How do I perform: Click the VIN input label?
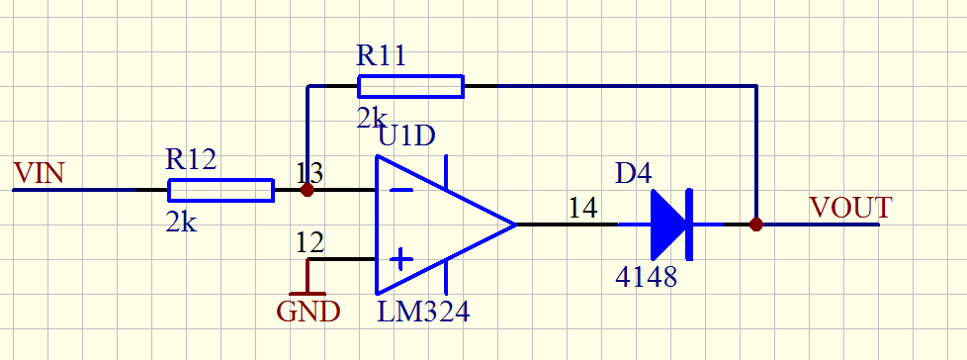pos(39,173)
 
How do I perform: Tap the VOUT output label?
pos(851,208)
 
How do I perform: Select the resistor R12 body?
pos(220,191)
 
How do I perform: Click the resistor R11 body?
pos(410,86)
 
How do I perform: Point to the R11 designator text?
pos(381,55)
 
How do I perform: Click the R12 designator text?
pos(191,159)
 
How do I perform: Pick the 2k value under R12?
pos(181,222)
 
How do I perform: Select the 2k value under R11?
pos(371,118)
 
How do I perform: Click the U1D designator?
pos(406,136)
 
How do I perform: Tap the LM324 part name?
pos(423,312)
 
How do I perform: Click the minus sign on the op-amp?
pos(401,191)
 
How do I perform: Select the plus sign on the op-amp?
pos(401,259)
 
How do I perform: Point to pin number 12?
pos(309,243)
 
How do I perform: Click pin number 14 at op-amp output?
pos(582,208)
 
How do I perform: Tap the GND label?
pos(308,312)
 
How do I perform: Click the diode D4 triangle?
pos(667,225)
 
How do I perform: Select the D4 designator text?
pos(634,174)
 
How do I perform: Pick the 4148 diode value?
pos(647,277)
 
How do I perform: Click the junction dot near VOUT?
pos(756,225)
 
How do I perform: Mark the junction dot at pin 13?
pos(307,191)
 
